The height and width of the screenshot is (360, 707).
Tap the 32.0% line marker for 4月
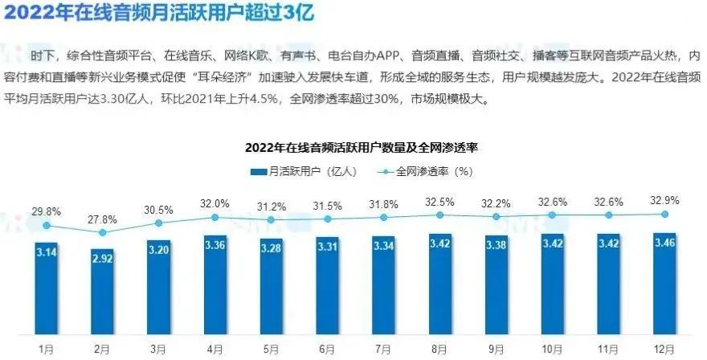pyautogui.click(x=215, y=217)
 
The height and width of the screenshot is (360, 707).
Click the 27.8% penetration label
pyautogui.click(x=102, y=219)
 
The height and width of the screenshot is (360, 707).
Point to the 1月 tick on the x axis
pyautogui.click(x=47, y=350)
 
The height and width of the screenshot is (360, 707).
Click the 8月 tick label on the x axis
pyautogui.click(x=439, y=350)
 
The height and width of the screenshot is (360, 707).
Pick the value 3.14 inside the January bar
pyautogui.click(x=47, y=251)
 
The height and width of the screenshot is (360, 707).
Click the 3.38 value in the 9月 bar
pyautogui.click(x=496, y=245)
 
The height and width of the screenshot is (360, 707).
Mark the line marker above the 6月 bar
pyautogui.click(x=327, y=219)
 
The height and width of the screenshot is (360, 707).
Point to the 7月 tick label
pyautogui.click(x=383, y=350)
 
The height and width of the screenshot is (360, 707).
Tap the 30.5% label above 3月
pyautogui.click(x=158, y=210)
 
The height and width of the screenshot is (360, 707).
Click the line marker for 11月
pyautogui.click(x=608, y=215)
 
